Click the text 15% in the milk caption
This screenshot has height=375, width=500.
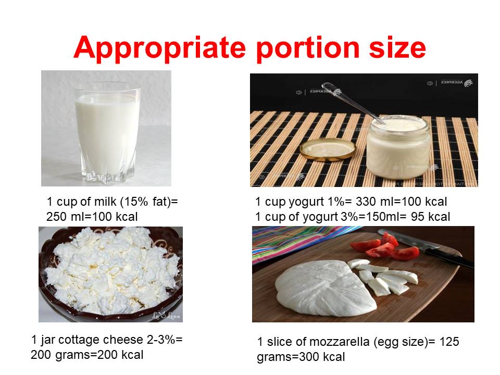coord(131,202)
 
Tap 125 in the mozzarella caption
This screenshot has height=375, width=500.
coord(449,342)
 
